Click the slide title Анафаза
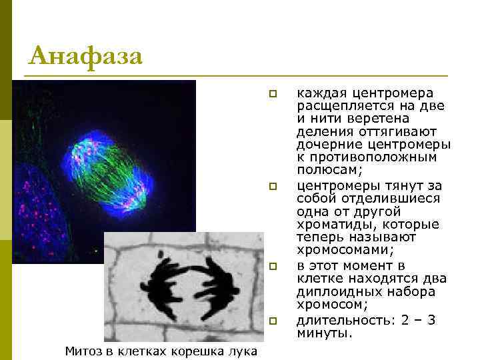point(86,56)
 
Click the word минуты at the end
point(323,333)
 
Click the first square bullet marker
point(272,93)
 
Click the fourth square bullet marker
point(272,321)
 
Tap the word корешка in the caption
point(199,351)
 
